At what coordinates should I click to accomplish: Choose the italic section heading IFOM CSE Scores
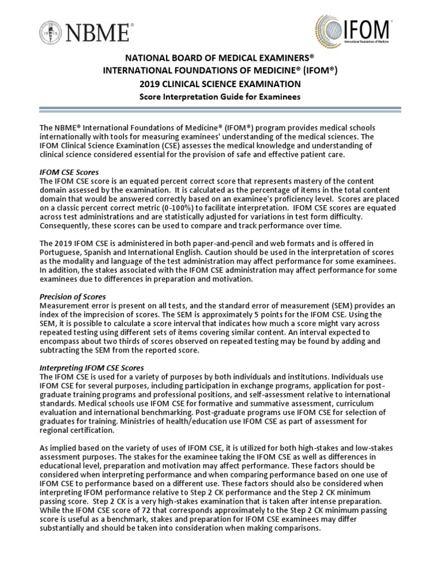tap(69, 172)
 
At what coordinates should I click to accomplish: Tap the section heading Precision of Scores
tap(72, 298)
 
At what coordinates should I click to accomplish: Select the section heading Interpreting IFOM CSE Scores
tap(91, 367)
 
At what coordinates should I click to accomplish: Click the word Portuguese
tap(60, 253)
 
